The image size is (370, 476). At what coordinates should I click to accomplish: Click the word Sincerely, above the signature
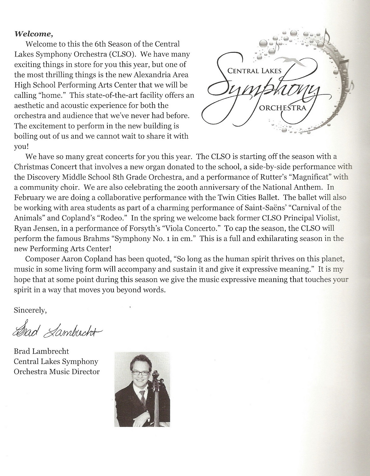pos(30,310)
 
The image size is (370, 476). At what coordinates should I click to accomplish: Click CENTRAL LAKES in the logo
pos(254,71)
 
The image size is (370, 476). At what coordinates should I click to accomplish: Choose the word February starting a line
pos(29,198)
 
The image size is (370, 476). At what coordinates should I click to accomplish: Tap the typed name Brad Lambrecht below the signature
pos(41,351)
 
